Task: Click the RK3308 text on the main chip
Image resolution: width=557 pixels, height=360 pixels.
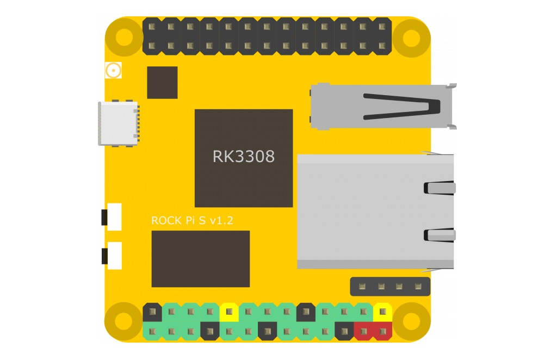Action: coord(243,157)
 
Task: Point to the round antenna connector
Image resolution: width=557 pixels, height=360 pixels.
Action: coord(113,70)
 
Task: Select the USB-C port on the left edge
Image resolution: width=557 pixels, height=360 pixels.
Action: coord(117,123)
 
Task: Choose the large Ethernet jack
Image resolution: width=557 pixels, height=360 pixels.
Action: coord(375,211)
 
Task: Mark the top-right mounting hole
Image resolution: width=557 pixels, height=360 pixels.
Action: coord(412,37)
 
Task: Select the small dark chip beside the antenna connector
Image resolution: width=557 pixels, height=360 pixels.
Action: coord(162,83)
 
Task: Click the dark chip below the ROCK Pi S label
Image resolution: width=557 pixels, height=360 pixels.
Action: coord(200,259)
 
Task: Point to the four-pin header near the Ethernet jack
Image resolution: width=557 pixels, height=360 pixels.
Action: coord(389,286)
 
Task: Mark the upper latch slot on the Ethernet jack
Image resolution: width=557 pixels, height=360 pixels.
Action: coord(439,188)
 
